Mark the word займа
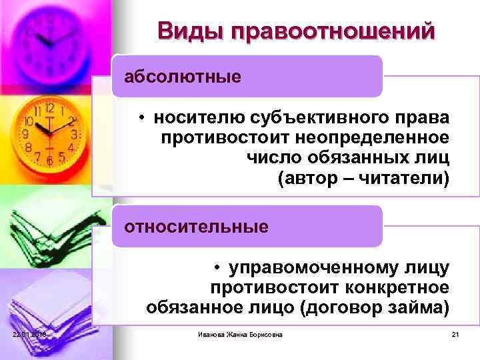pyautogui.click(x=422, y=309)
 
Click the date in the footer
pyautogui.click(x=28, y=334)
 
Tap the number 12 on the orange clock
pyautogui.click(x=49, y=106)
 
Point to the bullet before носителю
pyautogui.click(x=143, y=119)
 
